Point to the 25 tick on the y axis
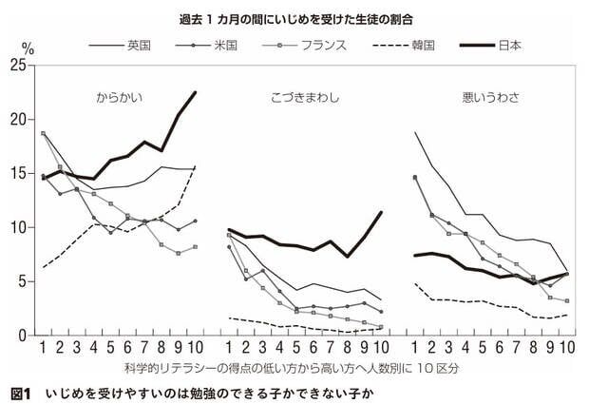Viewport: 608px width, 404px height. click(17, 66)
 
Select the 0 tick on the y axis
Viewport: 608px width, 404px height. click(21, 336)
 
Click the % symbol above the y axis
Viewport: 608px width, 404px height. click(28, 47)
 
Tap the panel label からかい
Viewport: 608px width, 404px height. click(120, 97)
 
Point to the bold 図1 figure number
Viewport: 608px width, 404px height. click(21, 393)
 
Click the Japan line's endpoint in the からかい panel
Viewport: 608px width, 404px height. click(195, 92)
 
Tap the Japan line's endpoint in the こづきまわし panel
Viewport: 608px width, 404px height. click(381, 212)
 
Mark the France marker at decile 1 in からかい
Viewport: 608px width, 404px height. click(44, 134)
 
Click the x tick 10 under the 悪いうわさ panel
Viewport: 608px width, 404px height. click(567, 350)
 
